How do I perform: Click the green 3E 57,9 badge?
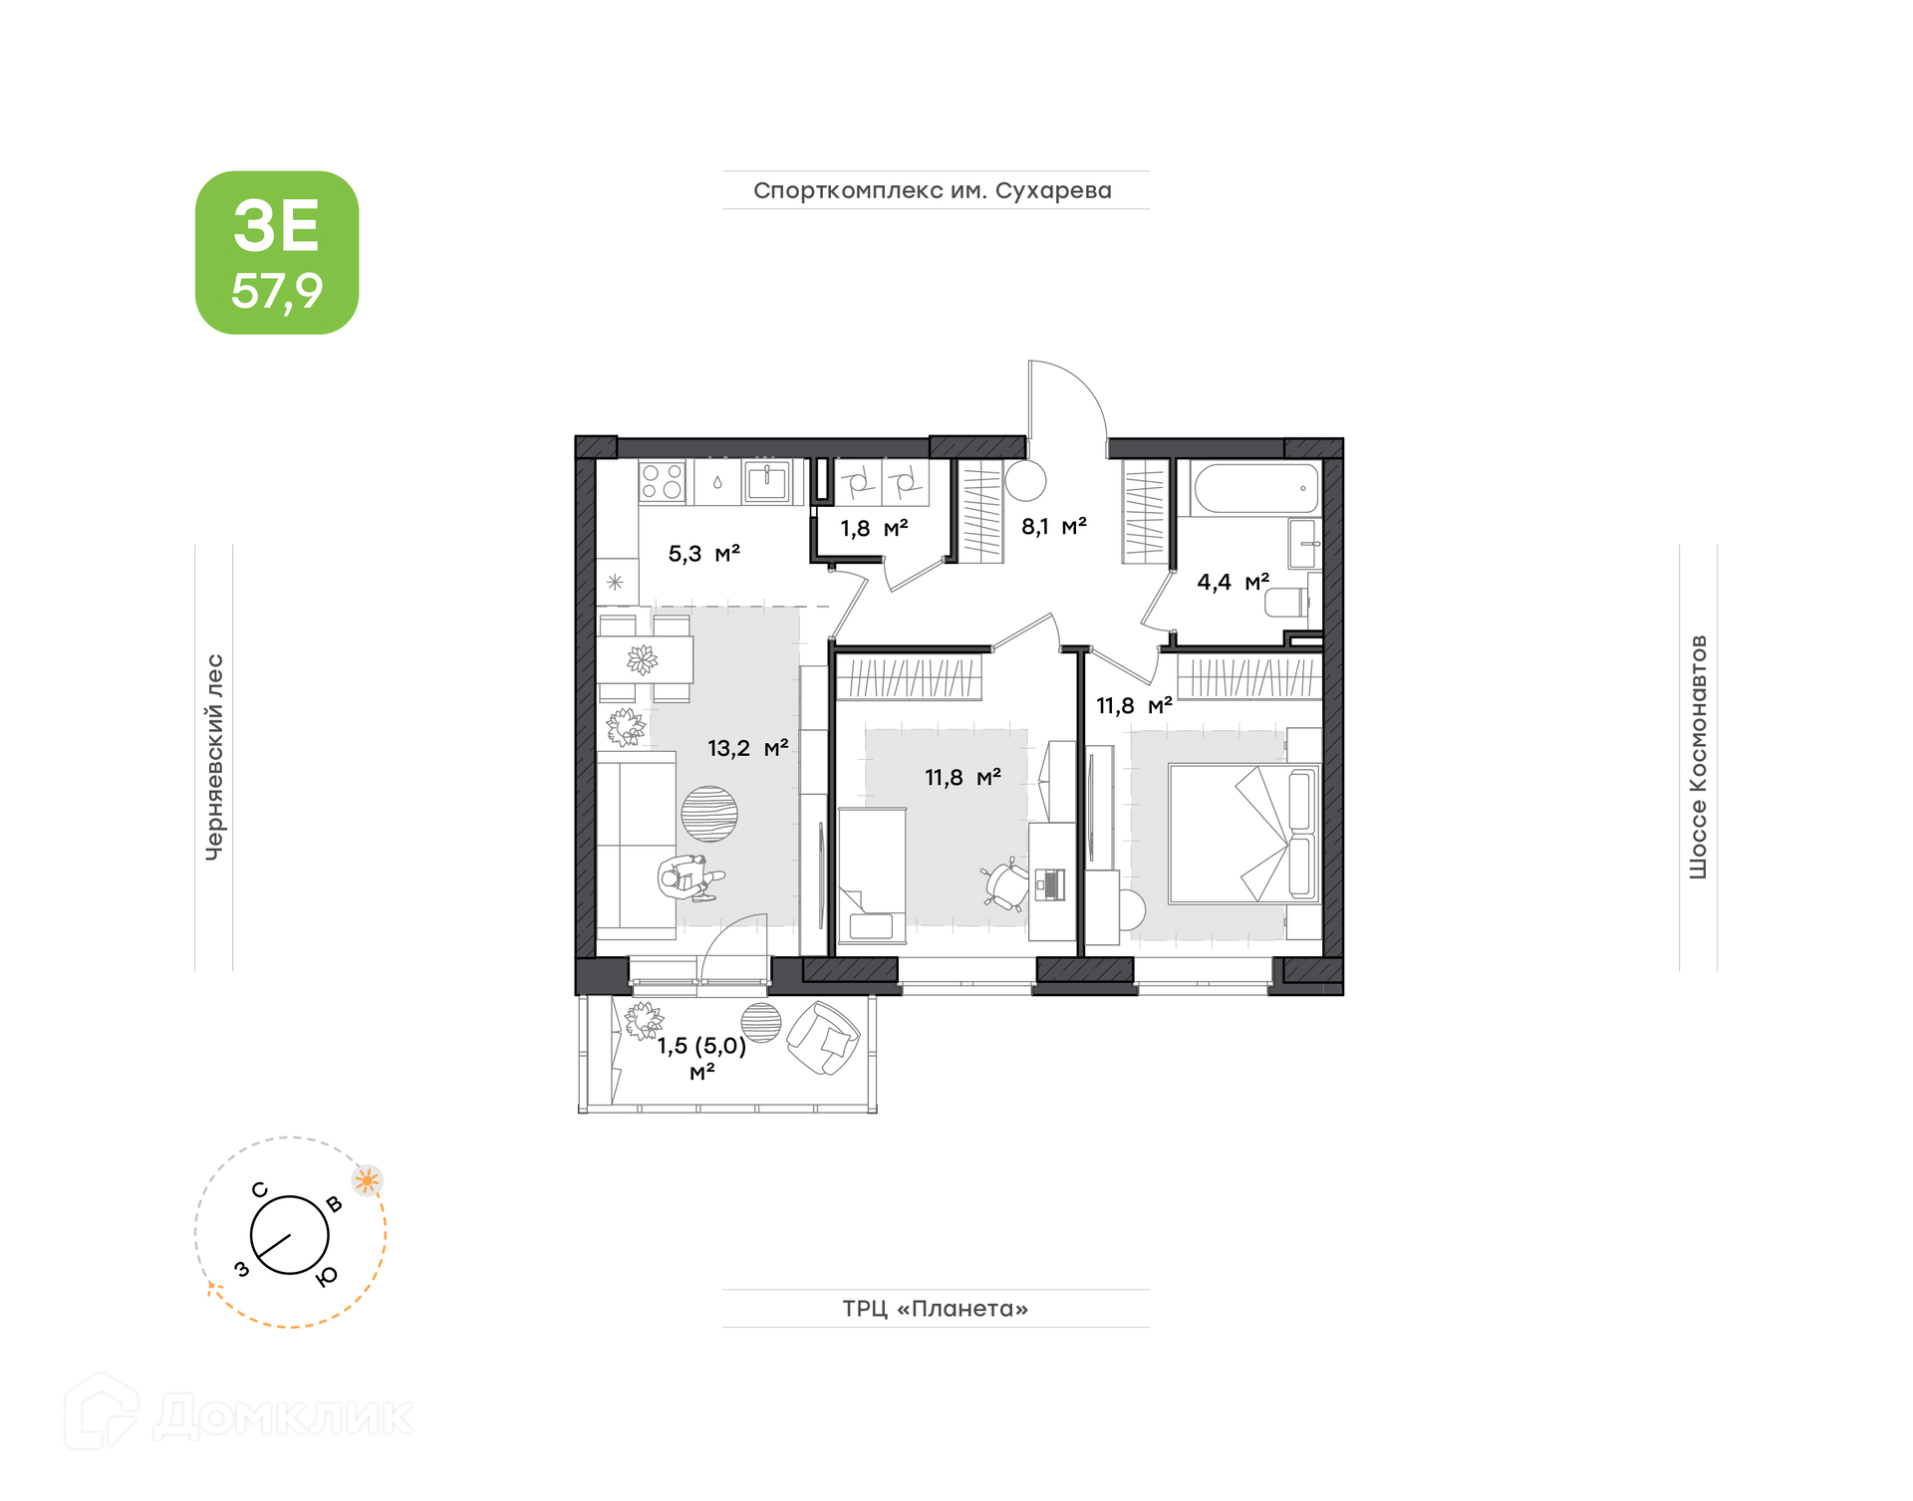tap(277, 252)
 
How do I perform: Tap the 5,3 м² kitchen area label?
tap(703, 553)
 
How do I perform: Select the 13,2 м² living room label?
tap(747, 747)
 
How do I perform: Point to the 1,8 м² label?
tap(874, 528)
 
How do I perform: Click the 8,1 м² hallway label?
tap(1053, 526)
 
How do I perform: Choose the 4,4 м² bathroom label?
tap(1232, 582)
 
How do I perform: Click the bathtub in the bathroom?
tap(1255, 488)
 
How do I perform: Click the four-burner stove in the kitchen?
tap(662, 481)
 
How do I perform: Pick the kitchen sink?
tap(766, 481)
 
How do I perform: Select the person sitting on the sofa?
tap(690, 877)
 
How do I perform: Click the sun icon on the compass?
tap(368, 1181)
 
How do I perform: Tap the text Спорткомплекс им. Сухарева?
tap(933, 190)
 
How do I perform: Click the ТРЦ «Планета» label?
tap(936, 1308)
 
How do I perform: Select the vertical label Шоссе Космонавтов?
tap(1698, 757)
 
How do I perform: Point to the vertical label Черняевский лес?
tap(214, 757)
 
